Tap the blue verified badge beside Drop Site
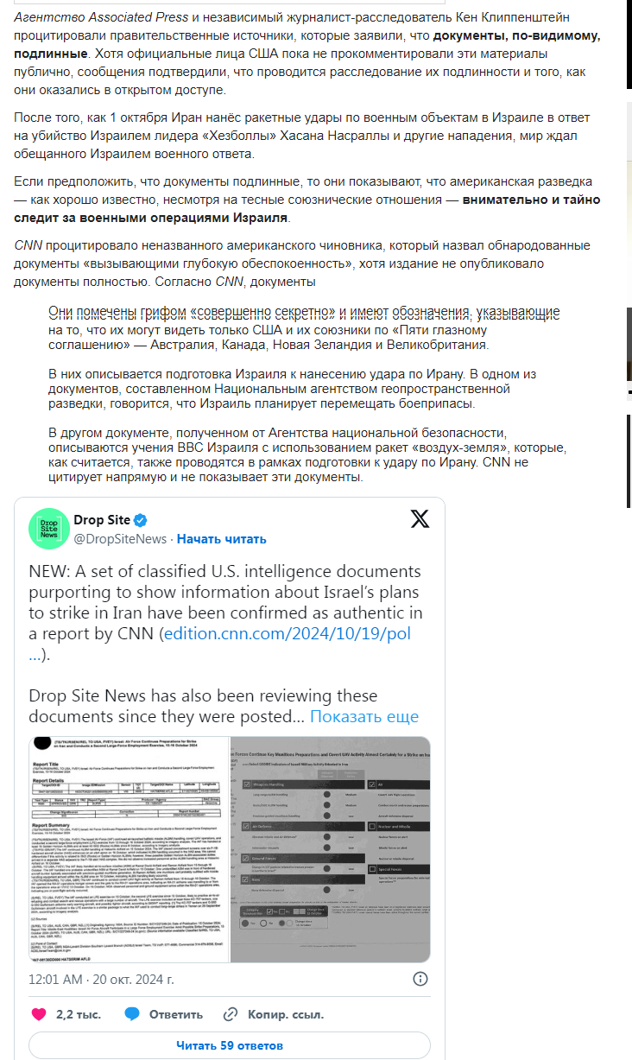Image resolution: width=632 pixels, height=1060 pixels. pyautogui.click(x=140, y=520)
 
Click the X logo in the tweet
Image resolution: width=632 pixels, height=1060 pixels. pyautogui.click(x=420, y=519)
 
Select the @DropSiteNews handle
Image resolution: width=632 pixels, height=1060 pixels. pyautogui.click(x=120, y=539)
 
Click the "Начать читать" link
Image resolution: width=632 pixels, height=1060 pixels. pyautogui.click(x=222, y=539)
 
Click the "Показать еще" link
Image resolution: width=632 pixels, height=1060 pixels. pyautogui.click(x=363, y=716)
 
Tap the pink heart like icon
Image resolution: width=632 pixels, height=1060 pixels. pyautogui.click(x=39, y=1014)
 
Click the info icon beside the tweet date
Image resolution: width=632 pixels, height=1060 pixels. pyautogui.click(x=420, y=979)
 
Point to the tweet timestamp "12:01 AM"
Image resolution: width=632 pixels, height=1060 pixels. pyautogui.click(x=55, y=980)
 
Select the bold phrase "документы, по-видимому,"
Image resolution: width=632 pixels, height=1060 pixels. pyautogui.click(x=516, y=35)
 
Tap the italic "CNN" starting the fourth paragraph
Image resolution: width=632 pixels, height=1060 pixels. pyautogui.click(x=28, y=244)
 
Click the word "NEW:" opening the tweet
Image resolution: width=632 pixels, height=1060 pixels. pyautogui.click(x=49, y=572)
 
